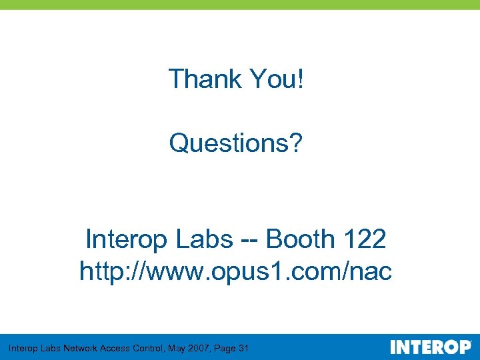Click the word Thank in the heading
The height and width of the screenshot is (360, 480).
pyautogui.click(x=205, y=79)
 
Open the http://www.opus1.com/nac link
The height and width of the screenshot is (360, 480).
pyautogui.click(x=236, y=271)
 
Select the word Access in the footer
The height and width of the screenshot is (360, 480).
pyautogui.click(x=115, y=348)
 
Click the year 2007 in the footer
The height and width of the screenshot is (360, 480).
pyautogui.click(x=198, y=348)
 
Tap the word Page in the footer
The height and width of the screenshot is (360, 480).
pyautogui.click(x=225, y=348)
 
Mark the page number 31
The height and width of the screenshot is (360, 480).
pyautogui.click(x=244, y=348)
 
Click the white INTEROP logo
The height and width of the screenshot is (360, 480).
pyautogui.click(x=430, y=347)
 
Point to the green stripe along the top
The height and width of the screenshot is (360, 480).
pyautogui.click(x=240, y=4)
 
